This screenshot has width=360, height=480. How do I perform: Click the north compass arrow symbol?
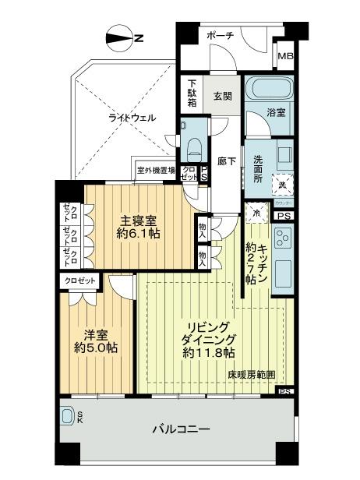click(x=121, y=37)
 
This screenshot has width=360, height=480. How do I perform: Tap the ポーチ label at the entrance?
click(x=221, y=37)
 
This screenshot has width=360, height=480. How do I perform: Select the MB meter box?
click(x=286, y=56)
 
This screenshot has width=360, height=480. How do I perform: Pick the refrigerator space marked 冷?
click(x=254, y=211)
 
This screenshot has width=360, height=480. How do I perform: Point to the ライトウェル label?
click(x=131, y=118)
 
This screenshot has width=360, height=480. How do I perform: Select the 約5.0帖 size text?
click(x=97, y=348)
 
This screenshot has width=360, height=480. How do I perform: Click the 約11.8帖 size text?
click(x=208, y=353)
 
